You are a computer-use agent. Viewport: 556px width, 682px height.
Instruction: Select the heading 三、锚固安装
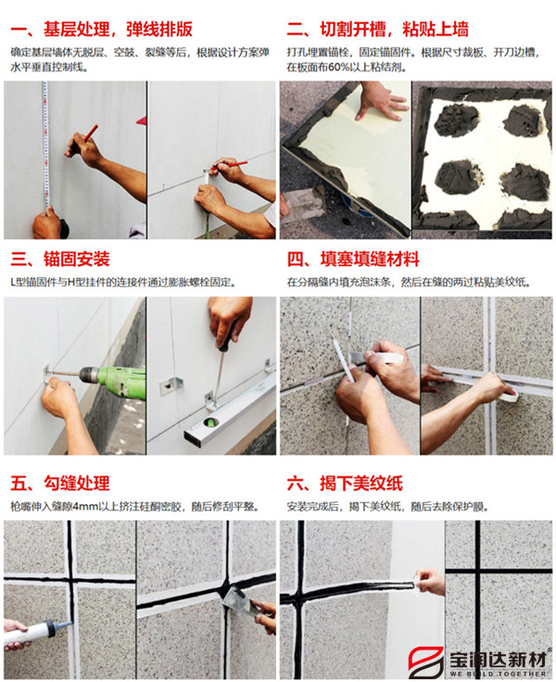60,258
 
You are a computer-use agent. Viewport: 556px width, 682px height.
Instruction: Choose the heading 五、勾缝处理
60,483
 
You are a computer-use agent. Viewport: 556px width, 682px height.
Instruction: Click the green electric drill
116,380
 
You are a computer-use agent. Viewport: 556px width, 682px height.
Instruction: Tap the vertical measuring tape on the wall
43,148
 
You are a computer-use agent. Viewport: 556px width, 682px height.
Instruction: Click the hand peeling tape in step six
430,581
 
